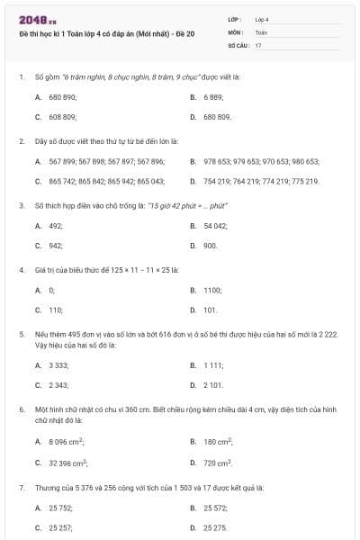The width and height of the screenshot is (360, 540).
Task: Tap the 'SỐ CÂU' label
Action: click(237, 44)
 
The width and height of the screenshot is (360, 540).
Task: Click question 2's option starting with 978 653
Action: click(261, 161)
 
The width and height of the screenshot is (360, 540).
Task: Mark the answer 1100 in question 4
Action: click(212, 290)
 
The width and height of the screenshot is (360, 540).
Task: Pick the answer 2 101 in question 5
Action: click(213, 385)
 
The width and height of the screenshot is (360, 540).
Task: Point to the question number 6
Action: click(21, 409)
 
